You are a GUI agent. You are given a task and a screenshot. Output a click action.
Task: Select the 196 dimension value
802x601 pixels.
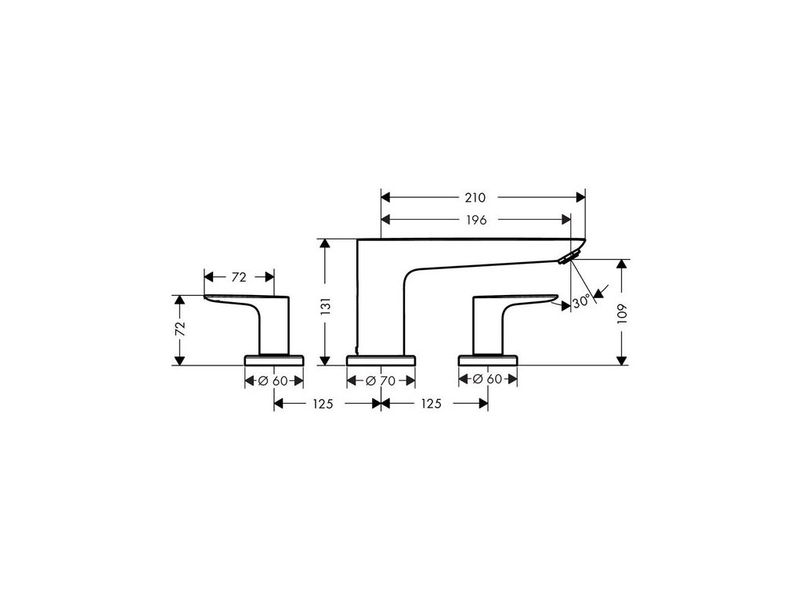[x=475, y=219]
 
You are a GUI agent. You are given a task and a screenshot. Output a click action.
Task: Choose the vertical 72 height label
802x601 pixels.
[x=180, y=328]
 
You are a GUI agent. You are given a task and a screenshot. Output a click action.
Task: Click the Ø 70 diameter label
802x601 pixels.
[x=381, y=380]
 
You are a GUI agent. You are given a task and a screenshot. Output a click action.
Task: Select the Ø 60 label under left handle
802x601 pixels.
[x=274, y=380]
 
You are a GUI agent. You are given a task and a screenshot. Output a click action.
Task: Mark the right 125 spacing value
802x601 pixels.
[x=431, y=404]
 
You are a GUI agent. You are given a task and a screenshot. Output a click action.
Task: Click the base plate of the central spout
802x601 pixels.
[x=381, y=361]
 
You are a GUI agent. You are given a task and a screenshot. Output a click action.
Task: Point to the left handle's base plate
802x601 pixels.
[x=274, y=361]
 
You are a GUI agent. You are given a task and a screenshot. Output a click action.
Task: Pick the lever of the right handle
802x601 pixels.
[x=521, y=299]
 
